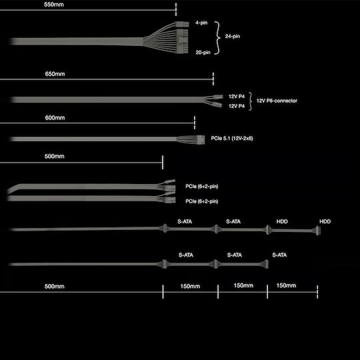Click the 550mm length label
tap(54, 5)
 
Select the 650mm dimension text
tap(55, 74)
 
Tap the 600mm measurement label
tap(55, 118)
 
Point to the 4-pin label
tap(201, 23)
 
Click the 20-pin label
tap(203, 53)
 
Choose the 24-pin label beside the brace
tap(233, 36)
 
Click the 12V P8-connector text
tap(277, 101)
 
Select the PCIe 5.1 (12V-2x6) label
tap(232, 138)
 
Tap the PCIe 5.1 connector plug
tap(201, 139)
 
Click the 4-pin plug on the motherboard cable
tap(182, 24)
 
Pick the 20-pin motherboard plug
tap(183, 41)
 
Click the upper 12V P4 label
tap(237, 97)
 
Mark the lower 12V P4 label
tap(237, 106)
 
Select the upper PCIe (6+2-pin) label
tap(202, 186)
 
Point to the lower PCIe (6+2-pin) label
tap(202, 201)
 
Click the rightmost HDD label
tap(325, 221)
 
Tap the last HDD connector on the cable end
tap(318, 231)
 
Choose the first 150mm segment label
tap(190, 286)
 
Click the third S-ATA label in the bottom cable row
tap(279, 255)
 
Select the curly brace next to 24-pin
tap(217, 38)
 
